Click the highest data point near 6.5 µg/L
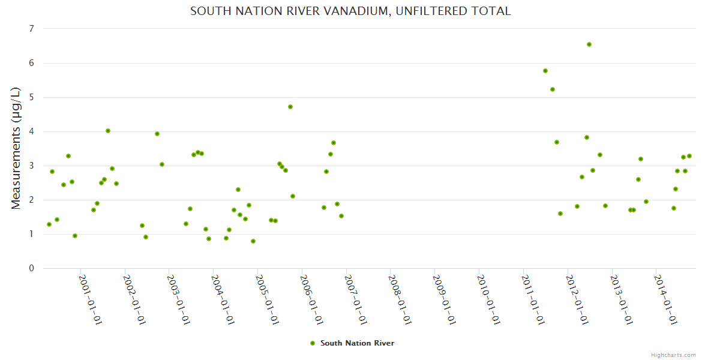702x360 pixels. point(589,44)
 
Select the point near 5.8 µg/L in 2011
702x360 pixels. point(545,71)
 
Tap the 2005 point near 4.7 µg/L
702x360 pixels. point(290,107)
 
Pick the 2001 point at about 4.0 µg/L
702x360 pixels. point(108,131)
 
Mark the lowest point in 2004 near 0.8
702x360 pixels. point(253,241)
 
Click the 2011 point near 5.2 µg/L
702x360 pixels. point(553,89)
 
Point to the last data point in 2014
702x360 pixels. point(689,156)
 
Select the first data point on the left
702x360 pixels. point(49,224)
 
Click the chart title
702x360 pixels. point(350,11)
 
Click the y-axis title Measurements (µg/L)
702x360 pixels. point(16,148)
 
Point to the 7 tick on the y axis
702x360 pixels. point(31,29)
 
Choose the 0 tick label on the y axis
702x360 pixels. point(31,268)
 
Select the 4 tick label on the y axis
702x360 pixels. point(31,131)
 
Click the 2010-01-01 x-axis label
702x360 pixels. point(487,299)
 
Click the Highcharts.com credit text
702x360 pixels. point(673,355)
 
